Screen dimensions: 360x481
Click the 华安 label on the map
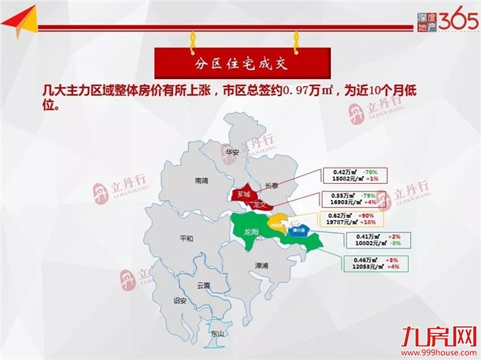232,152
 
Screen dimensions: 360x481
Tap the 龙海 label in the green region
251,231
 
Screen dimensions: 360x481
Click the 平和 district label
185,238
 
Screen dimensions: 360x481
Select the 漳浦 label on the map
262,265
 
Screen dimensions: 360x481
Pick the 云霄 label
203,285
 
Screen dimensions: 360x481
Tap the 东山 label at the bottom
217,334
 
